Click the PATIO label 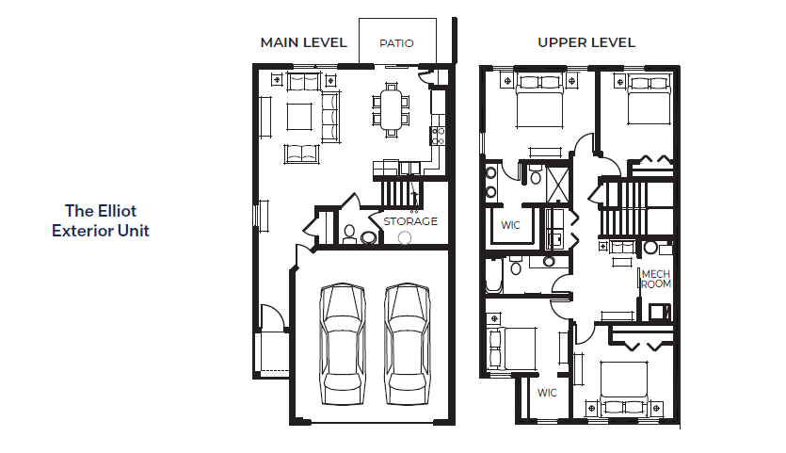(396, 43)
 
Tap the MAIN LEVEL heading (304, 42)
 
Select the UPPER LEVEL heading (586, 42)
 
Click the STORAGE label (410, 221)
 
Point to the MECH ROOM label (656, 279)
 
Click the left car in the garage (343, 344)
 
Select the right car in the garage (407, 344)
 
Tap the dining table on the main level (391, 109)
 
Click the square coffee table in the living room (299, 117)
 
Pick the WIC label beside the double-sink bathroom (510, 225)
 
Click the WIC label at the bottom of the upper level (547, 393)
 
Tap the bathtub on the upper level (493, 275)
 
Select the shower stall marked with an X (557, 183)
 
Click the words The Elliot (101, 211)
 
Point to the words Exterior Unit (101, 231)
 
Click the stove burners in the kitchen (438, 136)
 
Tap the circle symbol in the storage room (405, 237)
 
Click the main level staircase (402, 194)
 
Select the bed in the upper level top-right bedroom (650, 100)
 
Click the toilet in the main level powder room (349, 234)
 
